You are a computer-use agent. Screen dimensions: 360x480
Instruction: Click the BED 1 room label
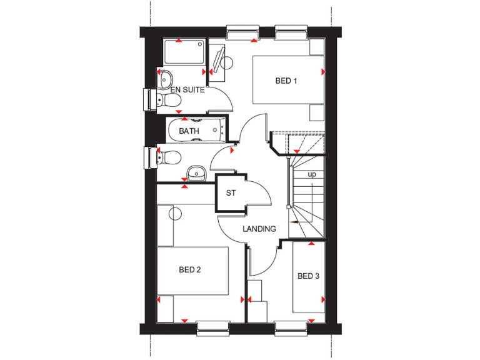pos(286,81)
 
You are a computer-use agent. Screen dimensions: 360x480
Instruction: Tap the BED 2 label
pos(189,270)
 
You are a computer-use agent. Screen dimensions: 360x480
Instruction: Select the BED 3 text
pos(308,276)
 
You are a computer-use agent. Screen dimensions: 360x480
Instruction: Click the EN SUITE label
pos(187,90)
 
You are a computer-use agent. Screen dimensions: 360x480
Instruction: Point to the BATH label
pos(189,131)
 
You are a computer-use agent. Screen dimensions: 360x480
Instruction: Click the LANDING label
pos(259,229)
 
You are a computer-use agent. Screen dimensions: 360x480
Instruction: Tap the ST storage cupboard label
pos(231,193)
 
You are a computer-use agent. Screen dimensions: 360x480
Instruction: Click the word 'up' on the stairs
pos(311,174)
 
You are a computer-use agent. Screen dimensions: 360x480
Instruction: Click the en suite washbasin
pos(165,79)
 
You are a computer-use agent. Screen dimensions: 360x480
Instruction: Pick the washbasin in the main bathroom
pos(196,172)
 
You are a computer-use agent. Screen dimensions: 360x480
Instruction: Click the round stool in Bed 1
pos(227,62)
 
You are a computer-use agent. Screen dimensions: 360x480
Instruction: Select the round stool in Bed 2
pos(175,213)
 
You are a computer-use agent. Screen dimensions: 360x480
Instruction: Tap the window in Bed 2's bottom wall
pos(212,326)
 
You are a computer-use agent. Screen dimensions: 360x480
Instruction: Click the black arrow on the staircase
pos(292,221)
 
